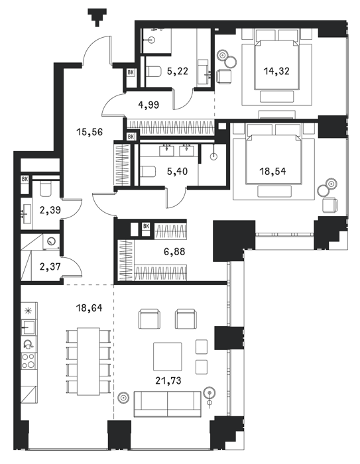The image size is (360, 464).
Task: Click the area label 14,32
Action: pos(276,72)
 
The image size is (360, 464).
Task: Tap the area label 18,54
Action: pos(272,171)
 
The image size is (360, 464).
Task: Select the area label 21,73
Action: pos(168,380)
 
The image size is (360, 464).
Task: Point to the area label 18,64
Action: pos(89,308)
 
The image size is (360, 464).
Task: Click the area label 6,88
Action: pos(174,252)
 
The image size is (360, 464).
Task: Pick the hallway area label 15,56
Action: pos(90,132)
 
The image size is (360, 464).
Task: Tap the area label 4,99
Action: pos(149,105)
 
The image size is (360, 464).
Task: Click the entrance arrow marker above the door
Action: pos(97,17)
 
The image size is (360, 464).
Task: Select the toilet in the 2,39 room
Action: pos(46,188)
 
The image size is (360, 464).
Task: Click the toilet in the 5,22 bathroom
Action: pos(153,72)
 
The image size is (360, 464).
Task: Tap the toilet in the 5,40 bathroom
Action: pos(148,171)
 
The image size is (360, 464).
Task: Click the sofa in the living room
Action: pos(167,404)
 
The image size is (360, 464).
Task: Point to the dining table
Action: pos(88,361)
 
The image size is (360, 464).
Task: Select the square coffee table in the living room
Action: pos(167,357)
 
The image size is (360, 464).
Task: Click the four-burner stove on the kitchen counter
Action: pos(29,361)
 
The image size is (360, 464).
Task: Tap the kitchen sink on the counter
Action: pos(29,327)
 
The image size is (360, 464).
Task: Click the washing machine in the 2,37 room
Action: pos(52,241)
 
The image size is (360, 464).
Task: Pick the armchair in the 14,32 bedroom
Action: pos(224,76)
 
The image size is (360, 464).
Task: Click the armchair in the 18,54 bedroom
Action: pos(330,205)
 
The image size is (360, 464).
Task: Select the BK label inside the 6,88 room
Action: pos(146,227)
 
